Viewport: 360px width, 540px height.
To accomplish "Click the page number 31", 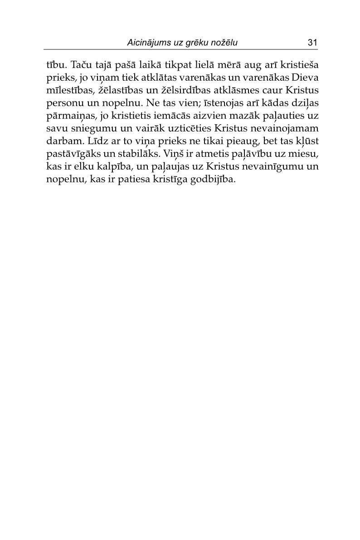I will coord(312,43).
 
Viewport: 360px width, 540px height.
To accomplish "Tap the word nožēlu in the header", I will coord(223,43).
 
